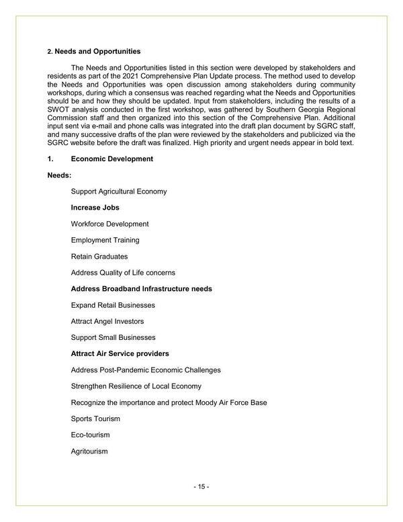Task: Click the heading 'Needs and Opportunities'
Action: tap(97, 51)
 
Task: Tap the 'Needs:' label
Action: tap(60, 175)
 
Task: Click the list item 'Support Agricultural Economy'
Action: tap(119, 191)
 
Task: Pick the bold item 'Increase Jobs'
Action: tap(95, 208)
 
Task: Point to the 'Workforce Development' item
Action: tap(109, 224)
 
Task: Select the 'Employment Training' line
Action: tap(105, 240)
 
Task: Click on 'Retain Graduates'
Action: tap(99, 256)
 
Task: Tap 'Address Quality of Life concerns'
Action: tap(123, 273)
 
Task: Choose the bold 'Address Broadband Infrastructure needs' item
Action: tap(141, 289)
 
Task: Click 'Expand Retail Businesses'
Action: tap(113, 305)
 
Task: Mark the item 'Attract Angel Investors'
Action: tap(107, 321)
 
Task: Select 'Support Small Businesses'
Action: tap(113, 337)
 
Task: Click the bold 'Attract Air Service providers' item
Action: tap(120, 353)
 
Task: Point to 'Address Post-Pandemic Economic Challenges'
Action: tap(146, 370)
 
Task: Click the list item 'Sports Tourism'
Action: tap(95, 419)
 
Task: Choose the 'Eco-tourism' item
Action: tap(90, 435)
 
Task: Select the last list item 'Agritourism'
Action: tap(89, 451)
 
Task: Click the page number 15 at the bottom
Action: tap(201, 486)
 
